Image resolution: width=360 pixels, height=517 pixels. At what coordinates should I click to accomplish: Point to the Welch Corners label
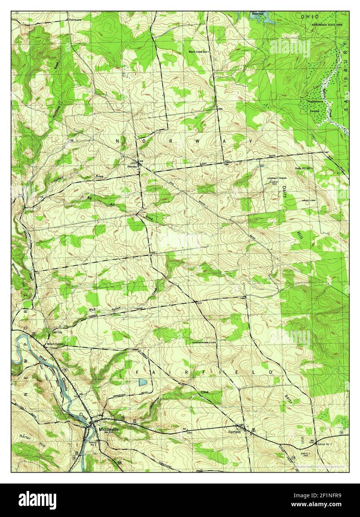(x=55, y=344)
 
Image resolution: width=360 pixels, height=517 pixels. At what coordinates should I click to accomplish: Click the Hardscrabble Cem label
(x=204, y=342)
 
